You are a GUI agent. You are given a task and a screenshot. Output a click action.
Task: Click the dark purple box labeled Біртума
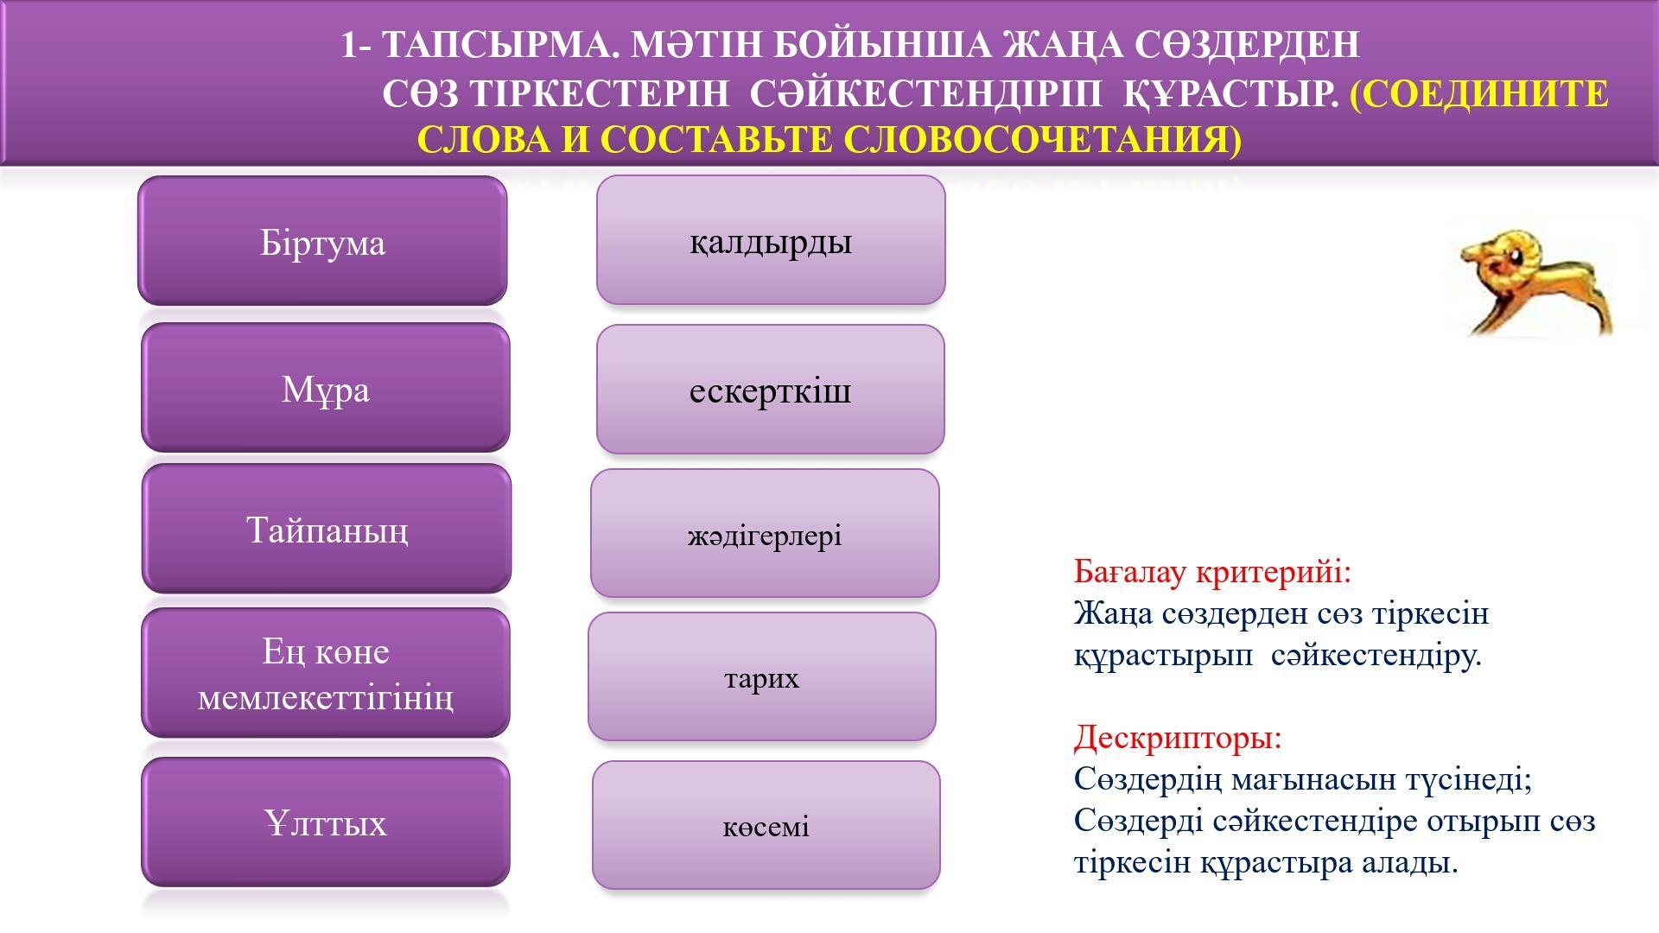click(322, 241)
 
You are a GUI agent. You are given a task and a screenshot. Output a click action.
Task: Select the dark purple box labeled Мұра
click(326, 388)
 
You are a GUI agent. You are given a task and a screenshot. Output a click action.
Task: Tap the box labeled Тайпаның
click(327, 529)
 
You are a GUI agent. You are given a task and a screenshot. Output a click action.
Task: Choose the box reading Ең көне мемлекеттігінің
click(326, 673)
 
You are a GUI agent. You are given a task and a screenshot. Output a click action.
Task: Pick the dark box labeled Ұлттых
click(326, 822)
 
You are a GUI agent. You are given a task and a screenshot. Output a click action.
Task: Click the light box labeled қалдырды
click(771, 240)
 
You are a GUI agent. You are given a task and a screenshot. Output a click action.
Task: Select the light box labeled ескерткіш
click(771, 390)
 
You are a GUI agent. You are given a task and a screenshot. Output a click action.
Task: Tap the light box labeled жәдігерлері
click(765, 534)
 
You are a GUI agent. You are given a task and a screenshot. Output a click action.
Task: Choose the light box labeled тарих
click(762, 677)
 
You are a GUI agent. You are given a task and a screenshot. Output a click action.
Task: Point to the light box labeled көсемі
click(766, 825)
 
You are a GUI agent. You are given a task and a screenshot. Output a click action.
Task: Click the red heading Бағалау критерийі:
click(1211, 572)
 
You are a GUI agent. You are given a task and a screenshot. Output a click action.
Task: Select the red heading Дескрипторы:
click(1178, 738)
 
